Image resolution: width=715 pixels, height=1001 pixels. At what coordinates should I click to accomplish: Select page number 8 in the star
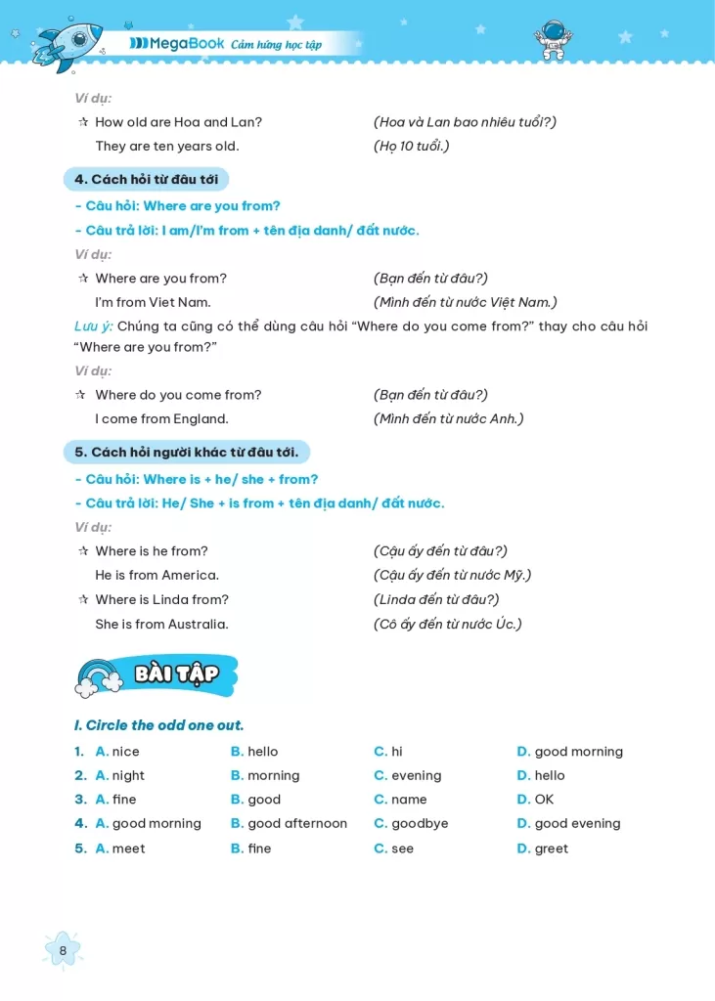click(64, 949)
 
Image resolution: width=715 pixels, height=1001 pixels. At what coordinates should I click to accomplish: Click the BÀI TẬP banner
click(177, 674)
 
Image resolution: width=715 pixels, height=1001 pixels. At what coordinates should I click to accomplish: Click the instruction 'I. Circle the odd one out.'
click(158, 725)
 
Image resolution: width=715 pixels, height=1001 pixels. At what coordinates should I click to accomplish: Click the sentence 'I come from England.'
click(161, 418)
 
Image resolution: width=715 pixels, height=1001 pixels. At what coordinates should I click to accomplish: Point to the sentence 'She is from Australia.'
click(161, 624)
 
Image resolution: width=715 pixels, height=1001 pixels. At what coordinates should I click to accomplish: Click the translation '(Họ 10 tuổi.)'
click(411, 146)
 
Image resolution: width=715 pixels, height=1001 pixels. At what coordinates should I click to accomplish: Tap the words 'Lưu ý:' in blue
click(94, 326)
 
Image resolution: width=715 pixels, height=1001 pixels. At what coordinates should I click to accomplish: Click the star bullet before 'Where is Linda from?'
click(83, 599)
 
